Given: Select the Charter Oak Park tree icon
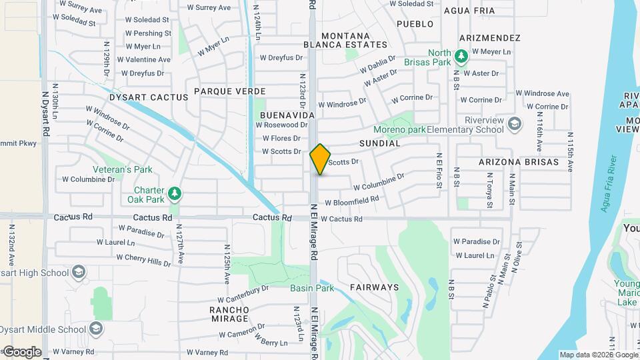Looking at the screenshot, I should [x=175, y=193].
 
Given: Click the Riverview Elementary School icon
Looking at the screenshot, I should [x=514, y=124].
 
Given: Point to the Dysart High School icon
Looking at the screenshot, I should [x=79, y=272].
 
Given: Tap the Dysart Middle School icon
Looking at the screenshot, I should [x=96, y=329].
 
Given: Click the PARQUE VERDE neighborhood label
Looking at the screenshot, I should [x=230, y=91].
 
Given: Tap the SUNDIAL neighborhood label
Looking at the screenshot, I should [x=380, y=143].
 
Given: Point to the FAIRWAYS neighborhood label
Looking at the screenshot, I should [x=375, y=287].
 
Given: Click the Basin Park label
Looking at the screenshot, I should [x=312, y=288].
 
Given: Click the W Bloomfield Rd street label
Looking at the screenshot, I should [x=351, y=199].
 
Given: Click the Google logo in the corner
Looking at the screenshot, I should [x=21, y=351].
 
